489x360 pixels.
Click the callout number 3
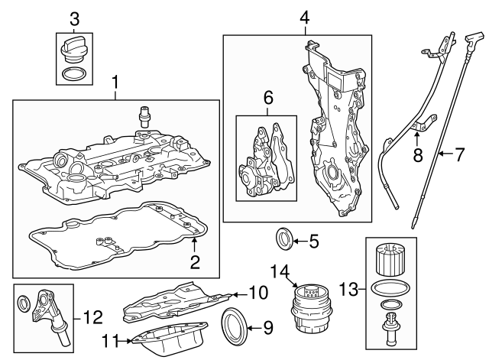[75, 18]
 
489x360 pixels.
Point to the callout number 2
[195, 264]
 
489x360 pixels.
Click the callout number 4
[304, 17]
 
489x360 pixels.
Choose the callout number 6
[268, 97]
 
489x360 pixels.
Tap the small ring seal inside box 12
[24, 303]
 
